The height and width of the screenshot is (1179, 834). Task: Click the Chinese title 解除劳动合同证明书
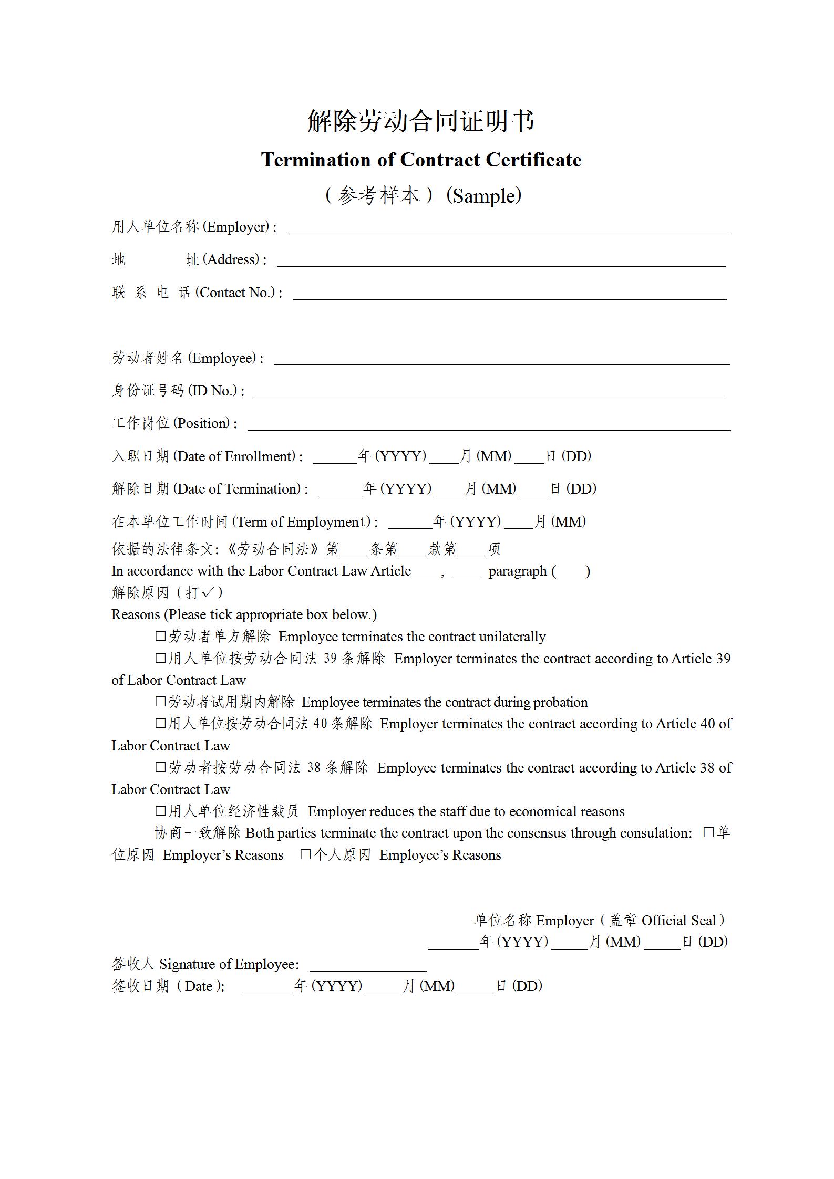click(420, 121)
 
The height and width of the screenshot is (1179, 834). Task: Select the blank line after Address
click(501, 262)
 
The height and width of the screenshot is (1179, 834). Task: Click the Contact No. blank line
click(509, 295)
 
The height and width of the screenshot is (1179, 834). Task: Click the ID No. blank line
click(490, 393)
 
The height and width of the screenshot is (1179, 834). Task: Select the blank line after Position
click(489, 426)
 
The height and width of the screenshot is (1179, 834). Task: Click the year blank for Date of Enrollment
click(335, 459)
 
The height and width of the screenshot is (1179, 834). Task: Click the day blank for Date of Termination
click(534, 492)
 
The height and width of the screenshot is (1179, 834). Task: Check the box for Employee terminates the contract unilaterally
click(160, 636)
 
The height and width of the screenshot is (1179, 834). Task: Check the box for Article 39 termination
click(160, 658)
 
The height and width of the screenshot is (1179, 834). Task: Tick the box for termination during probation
click(160, 702)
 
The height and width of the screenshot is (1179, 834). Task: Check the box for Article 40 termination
click(160, 723)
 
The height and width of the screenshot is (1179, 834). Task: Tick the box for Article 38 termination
click(160, 767)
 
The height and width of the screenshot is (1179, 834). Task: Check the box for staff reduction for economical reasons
click(160, 811)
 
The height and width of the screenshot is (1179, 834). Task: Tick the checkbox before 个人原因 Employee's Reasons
click(305, 854)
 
